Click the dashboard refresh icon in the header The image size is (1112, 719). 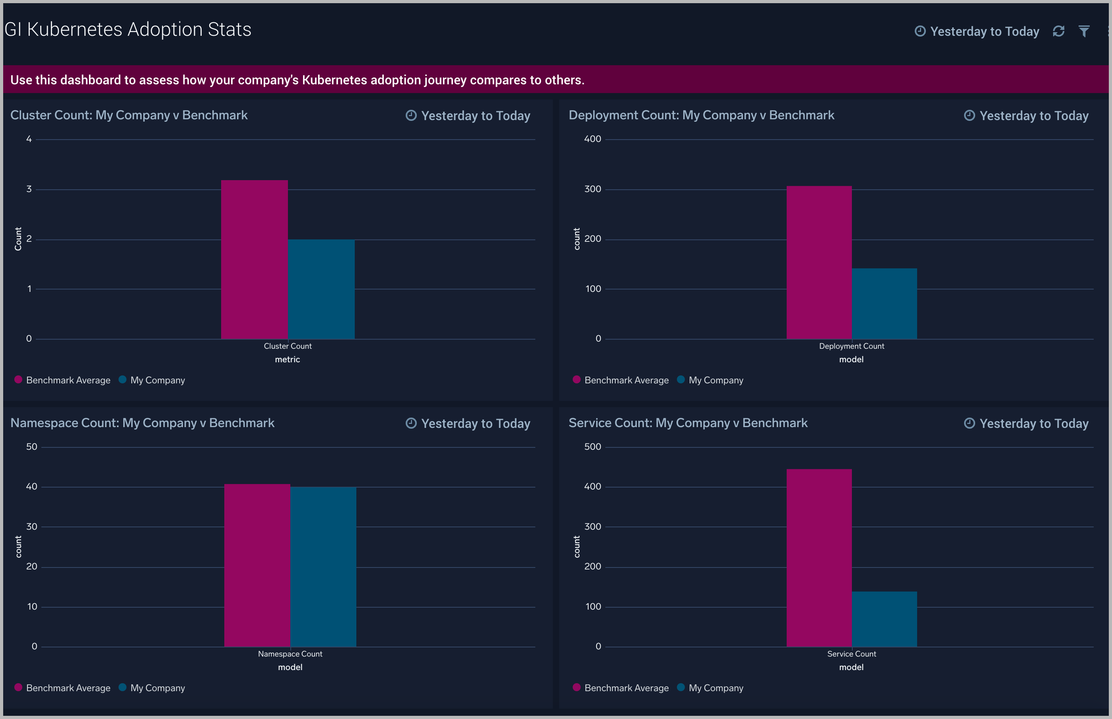click(1058, 31)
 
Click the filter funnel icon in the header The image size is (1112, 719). click(1084, 31)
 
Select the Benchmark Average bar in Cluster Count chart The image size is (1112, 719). click(254, 260)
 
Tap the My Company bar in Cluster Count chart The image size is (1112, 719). click(321, 290)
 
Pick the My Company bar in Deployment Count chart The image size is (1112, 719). click(884, 303)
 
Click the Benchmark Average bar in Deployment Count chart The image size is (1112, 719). click(819, 262)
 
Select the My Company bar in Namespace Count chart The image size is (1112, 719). click(323, 567)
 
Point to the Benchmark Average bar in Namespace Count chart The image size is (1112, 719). click(257, 565)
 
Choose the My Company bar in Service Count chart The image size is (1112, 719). click(884, 619)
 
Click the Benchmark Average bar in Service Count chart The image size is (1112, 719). click(819, 558)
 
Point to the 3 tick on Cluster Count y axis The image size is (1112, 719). click(29, 189)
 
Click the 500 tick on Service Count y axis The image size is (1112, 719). click(593, 447)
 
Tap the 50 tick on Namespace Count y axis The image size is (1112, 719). click(32, 447)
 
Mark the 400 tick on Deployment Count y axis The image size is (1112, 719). click(593, 139)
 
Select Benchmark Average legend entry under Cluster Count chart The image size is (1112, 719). click(68, 380)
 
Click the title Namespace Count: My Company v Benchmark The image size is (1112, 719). click(142, 423)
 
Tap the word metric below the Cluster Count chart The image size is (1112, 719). click(287, 359)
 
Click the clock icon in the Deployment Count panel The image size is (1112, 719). click(969, 115)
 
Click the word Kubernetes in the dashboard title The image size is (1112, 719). click(75, 29)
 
